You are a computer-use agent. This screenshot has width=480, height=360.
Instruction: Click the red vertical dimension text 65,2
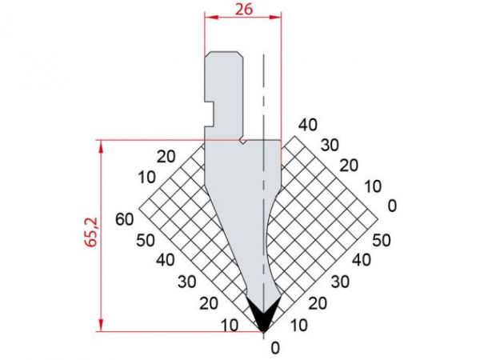pos(91,234)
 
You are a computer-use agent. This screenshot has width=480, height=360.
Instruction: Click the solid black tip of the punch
pos(263,313)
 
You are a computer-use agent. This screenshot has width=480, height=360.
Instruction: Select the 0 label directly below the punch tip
pos(276,348)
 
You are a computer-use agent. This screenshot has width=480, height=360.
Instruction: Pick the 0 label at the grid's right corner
pos(392,206)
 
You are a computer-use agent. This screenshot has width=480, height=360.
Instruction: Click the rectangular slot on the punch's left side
pos(210,112)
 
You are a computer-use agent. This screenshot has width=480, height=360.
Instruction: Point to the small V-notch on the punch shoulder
pos(243,142)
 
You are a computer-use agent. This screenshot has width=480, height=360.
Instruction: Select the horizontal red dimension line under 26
pos(243,17)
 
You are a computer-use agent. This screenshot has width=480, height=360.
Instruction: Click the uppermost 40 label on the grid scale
pos(308,124)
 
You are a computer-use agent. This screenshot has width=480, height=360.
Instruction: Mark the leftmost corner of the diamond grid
pos(139,210)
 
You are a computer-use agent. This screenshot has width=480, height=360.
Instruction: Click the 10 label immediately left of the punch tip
pos(230,326)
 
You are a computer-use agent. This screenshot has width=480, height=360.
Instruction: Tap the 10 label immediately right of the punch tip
pos(298,325)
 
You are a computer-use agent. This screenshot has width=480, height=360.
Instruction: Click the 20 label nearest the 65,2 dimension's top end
pos(166,156)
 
